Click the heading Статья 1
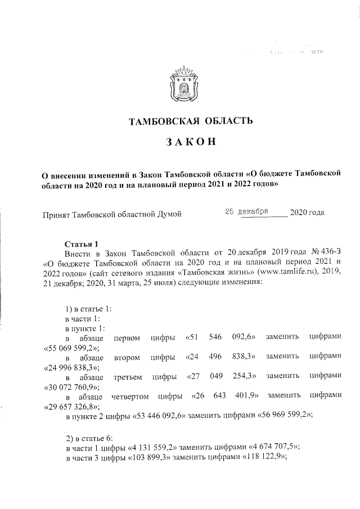pyautogui.click(x=82, y=244)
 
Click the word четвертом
pyautogui.click(x=130, y=397)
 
